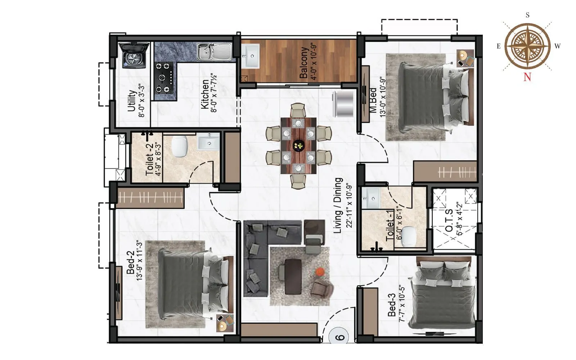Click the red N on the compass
click(527, 77)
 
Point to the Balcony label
click(304, 63)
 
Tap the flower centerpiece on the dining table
click(299, 145)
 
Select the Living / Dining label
click(338, 205)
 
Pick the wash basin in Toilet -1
click(371, 198)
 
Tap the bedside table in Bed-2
click(225, 323)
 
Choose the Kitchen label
click(204, 94)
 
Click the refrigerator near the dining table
click(343, 104)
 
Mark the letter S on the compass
click(527, 15)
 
